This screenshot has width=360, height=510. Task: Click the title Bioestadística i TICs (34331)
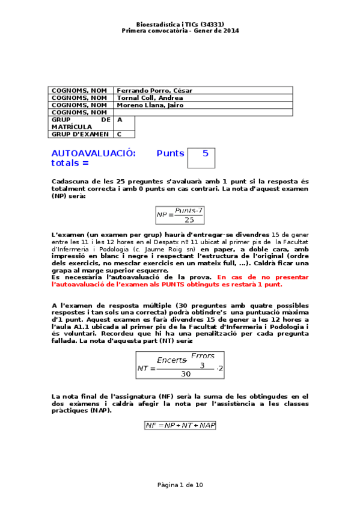pyautogui.click(x=180, y=25)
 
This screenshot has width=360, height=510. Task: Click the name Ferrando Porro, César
pyautogui.click(x=154, y=91)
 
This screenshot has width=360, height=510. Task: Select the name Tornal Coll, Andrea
pyautogui.click(x=150, y=98)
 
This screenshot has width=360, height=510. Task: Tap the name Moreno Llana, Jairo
pyautogui.click(x=150, y=105)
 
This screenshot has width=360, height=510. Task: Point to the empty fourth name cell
pyautogui.click(x=203, y=112)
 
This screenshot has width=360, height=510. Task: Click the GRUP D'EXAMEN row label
pyautogui.click(x=80, y=134)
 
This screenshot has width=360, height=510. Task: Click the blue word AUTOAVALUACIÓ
pyautogui.click(x=93, y=153)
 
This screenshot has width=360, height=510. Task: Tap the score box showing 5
pyautogui.click(x=201, y=158)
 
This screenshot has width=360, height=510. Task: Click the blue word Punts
pyautogui.click(x=170, y=153)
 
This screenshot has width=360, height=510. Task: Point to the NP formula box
pyautogui.click(x=180, y=215)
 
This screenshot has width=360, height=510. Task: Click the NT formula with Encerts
pyautogui.click(x=180, y=365)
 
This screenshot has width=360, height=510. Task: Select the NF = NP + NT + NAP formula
pyautogui.click(x=180, y=425)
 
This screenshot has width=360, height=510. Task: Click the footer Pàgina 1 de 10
pyautogui.click(x=180, y=484)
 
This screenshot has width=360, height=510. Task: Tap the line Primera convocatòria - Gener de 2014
pyautogui.click(x=180, y=31)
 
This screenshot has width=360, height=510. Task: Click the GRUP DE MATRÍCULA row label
pyautogui.click(x=81, y=123)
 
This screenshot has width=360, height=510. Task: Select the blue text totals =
pyautogui.click(x=70, y=162)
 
